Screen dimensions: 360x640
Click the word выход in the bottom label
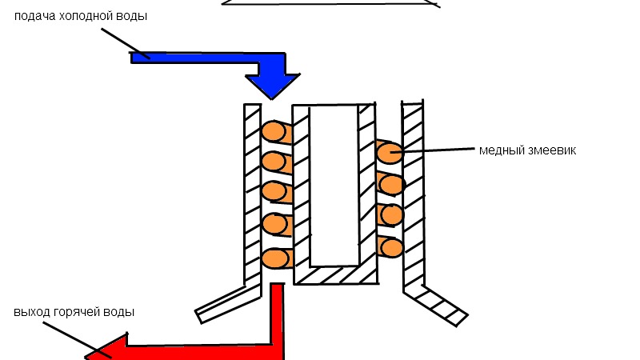point(30,311)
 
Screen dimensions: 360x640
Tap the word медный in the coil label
point(498,150)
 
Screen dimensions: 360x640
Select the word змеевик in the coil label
point(548,150)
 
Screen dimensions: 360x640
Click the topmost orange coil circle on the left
point(274,131)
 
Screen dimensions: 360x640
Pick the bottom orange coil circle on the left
point(274,258)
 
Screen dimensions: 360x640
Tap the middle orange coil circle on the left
point(274,192)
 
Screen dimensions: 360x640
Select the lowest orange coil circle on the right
point(391,247)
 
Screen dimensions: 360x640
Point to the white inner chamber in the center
point(333,184)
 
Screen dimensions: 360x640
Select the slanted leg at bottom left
point(229,302)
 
